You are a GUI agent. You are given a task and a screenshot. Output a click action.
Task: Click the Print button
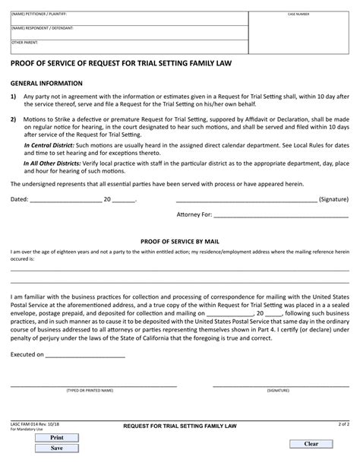coord(56,438)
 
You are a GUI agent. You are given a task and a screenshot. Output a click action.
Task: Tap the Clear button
coord(311,443)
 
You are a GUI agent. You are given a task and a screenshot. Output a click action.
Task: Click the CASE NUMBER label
coord(298,14)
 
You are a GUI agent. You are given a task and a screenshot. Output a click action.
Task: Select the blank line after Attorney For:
coord(266,215)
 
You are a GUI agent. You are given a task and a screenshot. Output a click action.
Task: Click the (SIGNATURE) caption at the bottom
coord(277,389)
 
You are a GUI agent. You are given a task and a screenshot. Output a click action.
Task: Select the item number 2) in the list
coord(14,119)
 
